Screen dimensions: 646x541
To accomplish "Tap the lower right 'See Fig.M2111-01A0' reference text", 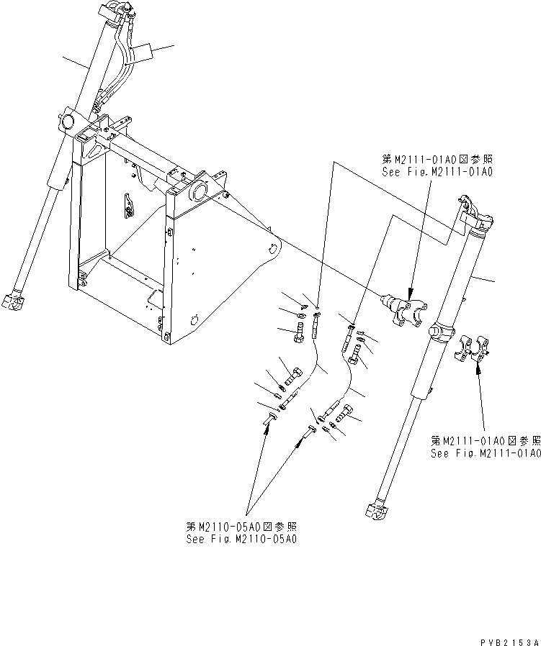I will pyautogui.click(x=485, y=453).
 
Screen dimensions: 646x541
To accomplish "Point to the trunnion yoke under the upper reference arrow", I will pyautogui.click(x=404, y=311).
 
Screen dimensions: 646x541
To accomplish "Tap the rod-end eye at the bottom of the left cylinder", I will pyautogui.click(x=15, y=303).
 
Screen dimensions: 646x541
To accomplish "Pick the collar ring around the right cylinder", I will pyautogui.click(x=442, y=330).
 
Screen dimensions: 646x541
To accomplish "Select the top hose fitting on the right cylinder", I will pyautogui.click(x=475, y=209).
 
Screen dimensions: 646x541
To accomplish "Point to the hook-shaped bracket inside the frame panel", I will pyautogui.click(x=130, y=206).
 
